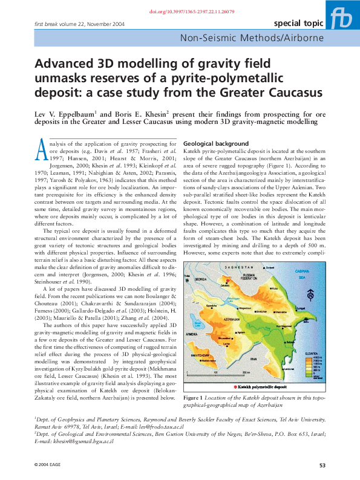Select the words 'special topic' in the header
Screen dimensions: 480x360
[x=298, y=24]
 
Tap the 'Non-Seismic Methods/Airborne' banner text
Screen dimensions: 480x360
[x=265, y=39]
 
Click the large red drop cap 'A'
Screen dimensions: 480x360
[x=42, y=149]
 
